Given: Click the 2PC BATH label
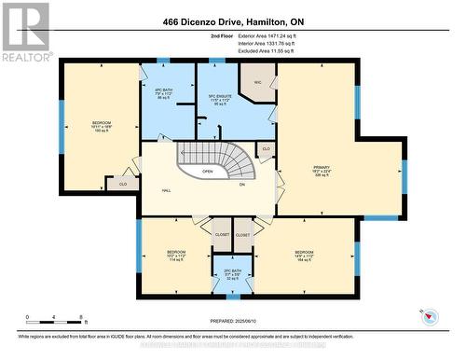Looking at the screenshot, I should [x=232, y=273].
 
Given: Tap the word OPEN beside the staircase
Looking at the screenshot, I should [x=207, y=172].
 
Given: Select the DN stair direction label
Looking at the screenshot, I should [x=241, y=184].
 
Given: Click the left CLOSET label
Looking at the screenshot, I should [x=222, y=235].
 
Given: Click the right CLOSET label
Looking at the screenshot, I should [x=242, y=235].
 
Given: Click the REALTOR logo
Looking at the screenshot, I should [x=26, y=32].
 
